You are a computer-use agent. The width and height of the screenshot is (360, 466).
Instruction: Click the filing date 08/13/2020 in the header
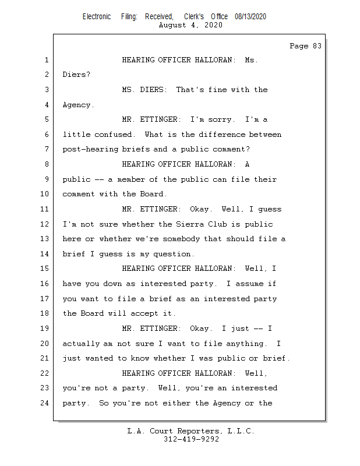coord(250,17)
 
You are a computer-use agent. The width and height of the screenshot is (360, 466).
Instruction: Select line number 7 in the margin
coord(47,150)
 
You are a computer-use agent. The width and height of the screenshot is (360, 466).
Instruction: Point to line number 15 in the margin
coord(45,269)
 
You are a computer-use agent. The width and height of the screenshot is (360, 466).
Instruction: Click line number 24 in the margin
coord(45,403)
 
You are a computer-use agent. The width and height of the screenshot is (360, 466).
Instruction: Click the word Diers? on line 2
coord(76,75)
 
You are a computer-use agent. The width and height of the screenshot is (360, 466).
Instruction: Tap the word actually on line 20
coord(81,344)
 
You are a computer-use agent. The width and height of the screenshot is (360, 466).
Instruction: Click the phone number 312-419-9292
coord(191,440)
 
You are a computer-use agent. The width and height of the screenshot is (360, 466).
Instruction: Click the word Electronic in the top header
coord(97,17)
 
